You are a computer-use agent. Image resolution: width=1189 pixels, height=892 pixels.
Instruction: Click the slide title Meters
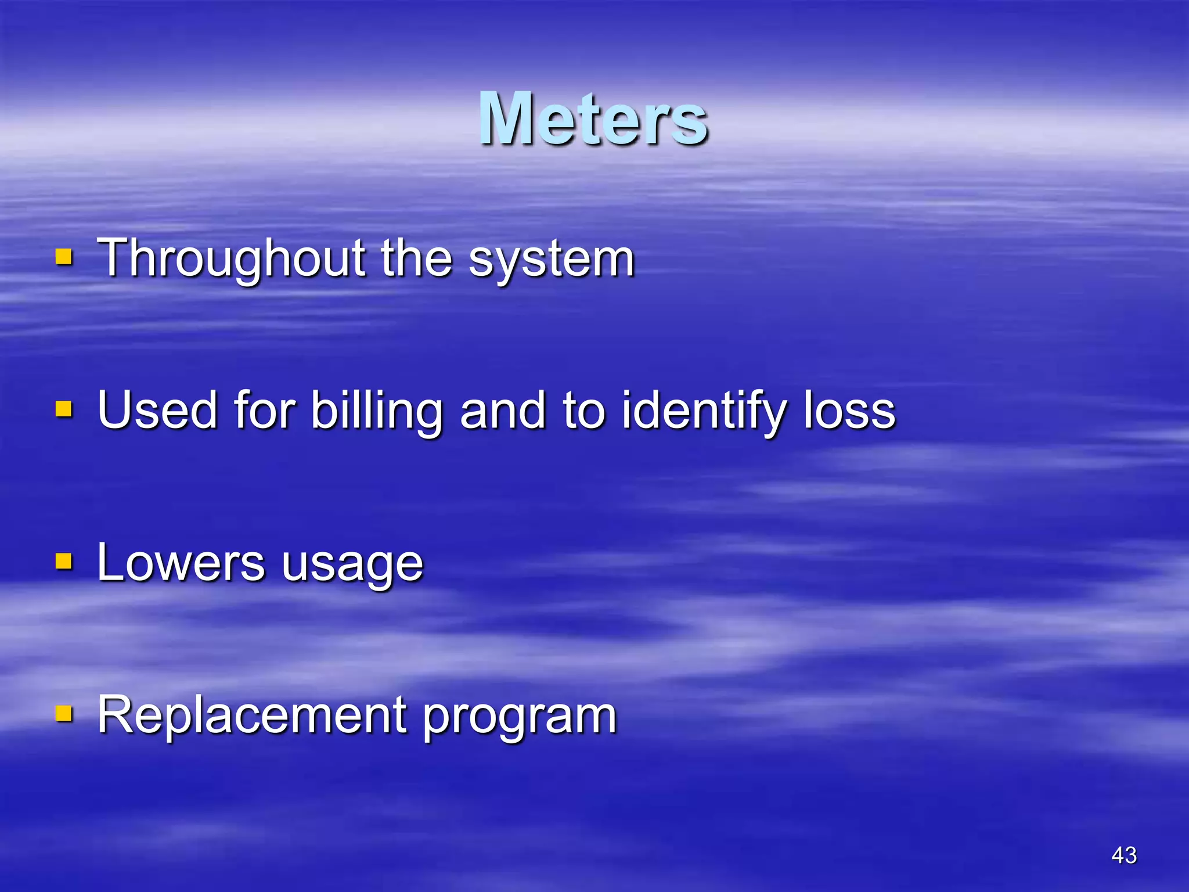(593, 119)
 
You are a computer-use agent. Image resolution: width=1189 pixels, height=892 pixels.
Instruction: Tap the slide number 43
(1123, 855)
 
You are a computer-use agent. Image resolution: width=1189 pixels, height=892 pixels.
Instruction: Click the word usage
(352, 566)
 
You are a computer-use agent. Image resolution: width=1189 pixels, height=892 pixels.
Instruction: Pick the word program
(519, 718)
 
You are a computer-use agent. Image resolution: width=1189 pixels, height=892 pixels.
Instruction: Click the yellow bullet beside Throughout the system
(63, 257)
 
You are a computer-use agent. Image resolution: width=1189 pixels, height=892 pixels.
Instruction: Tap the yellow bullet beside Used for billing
(63, 409)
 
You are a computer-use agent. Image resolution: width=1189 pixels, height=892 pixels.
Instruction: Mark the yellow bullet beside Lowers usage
(63, 561)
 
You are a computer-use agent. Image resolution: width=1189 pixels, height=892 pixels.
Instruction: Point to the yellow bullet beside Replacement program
(63, 713)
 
